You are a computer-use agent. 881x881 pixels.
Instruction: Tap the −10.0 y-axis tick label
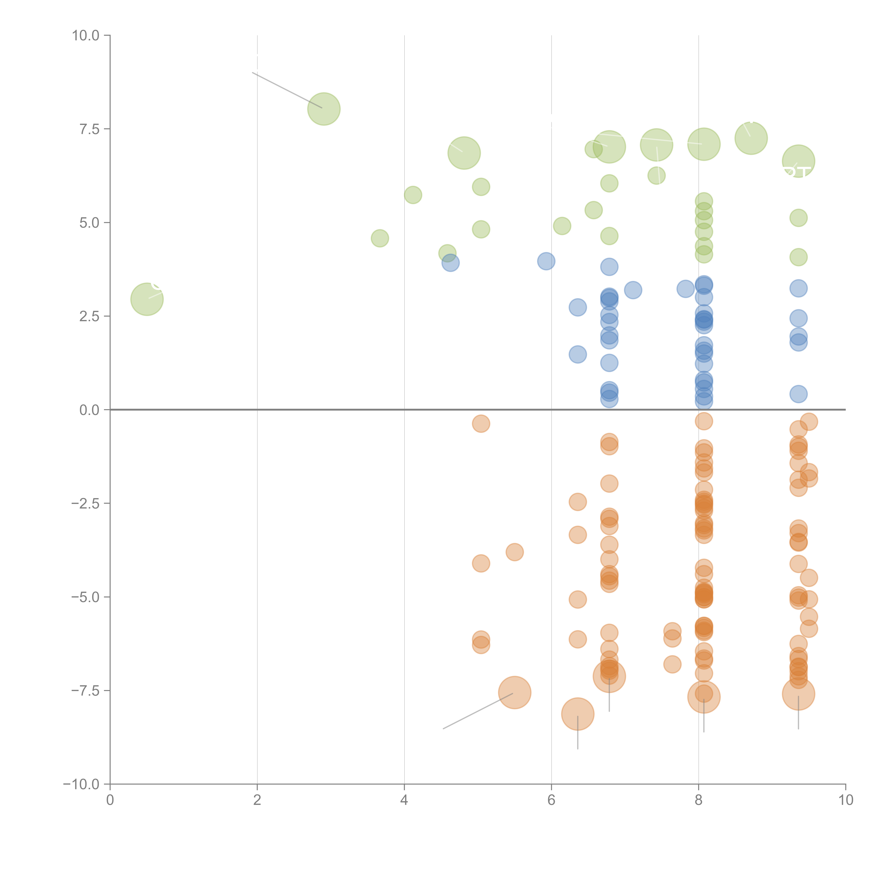pyautogui.click(x=81, y=784)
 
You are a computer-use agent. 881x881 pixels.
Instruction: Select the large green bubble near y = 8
pyautogui.click(x=324, y=109)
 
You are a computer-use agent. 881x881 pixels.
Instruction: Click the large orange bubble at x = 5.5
pyautogui.click(x=514, y=693)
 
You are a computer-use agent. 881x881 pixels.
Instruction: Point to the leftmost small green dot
pyautogui.click(x=380, y=238)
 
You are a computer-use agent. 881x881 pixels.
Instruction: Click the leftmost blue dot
pyautogui.click(x=451, y=263)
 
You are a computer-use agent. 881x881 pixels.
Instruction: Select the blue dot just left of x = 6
pyautogui.click(x=546, y=261)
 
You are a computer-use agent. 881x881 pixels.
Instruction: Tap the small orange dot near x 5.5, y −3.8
pyautogui.click(x=514, y=552)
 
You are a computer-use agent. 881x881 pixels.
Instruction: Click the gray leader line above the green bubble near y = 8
pyautogui.click(x=287, y=90)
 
